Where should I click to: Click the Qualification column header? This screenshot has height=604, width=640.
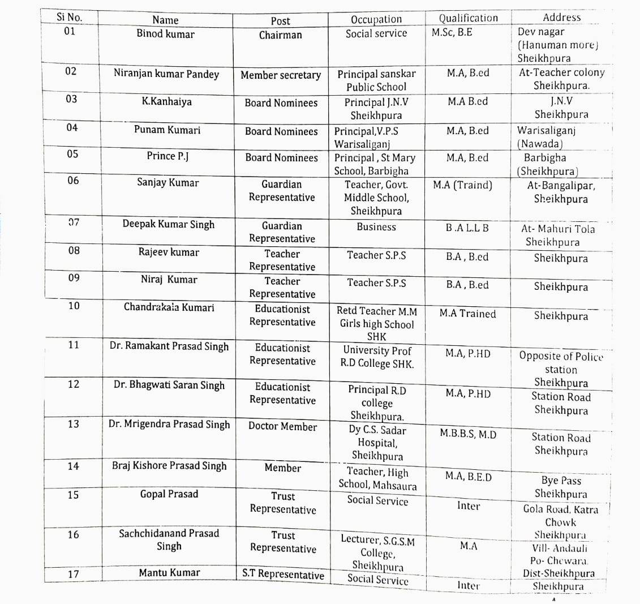tap(469, 18)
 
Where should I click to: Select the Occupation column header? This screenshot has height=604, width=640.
tap(376, 19)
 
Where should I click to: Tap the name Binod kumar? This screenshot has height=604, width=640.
tap(165, 34)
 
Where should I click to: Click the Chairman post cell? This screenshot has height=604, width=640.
tap(281, 35)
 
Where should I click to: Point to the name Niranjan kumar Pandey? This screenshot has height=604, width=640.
tap(166, 74)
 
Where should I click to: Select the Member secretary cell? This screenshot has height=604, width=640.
tap(281, 75)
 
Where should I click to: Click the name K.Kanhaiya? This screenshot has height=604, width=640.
tap(166, 102)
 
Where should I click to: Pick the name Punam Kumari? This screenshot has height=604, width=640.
tap(167, 130)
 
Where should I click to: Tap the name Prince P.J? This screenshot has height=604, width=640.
tap(167, 156)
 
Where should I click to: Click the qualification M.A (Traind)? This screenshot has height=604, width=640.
tap(463, 185)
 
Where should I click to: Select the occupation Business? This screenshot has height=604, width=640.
tap(376, 227)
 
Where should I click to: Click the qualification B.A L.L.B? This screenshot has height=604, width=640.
tap(467, 229)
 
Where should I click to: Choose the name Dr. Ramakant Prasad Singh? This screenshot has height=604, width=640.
tap(169, 346)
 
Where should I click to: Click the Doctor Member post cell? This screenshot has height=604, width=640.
tap(283, 427)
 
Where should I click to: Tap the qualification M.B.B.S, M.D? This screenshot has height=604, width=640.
tap(468, 435)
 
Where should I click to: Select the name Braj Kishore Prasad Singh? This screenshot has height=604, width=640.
tap(169, 466)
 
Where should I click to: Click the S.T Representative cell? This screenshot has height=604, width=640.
tap(284, 574)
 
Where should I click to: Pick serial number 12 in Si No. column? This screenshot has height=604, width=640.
tap(74, 384)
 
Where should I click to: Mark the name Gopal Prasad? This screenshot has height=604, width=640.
tap(169, 494)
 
